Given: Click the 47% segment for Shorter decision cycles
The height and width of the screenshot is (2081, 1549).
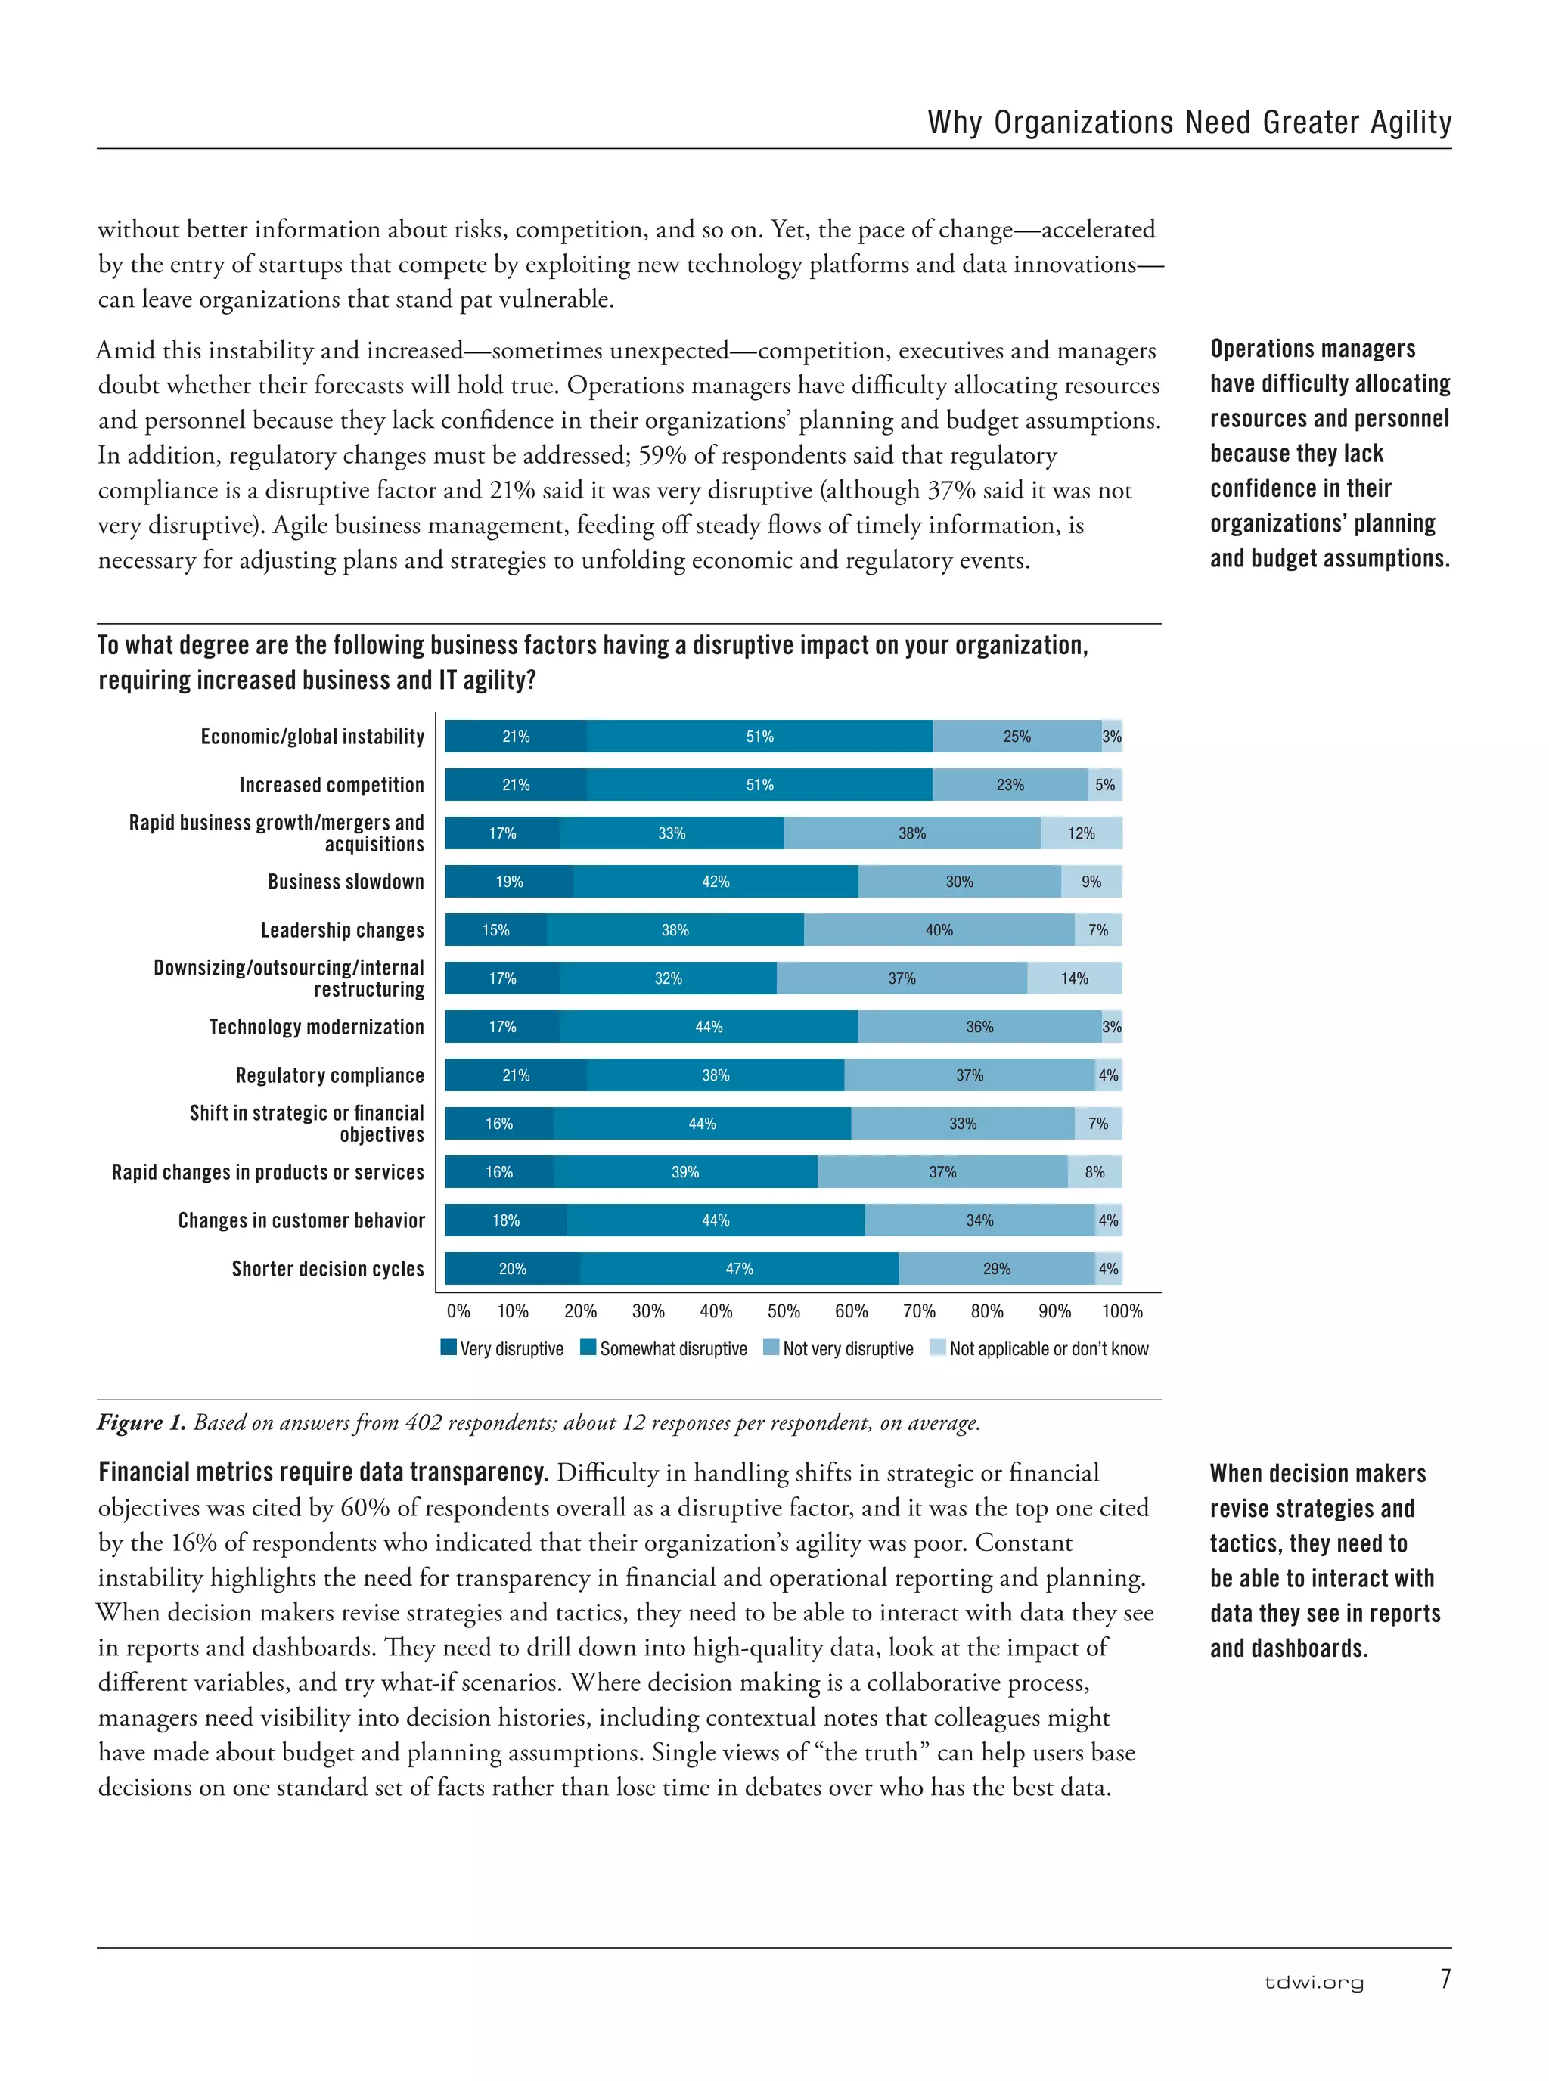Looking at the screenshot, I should pos(739,1268).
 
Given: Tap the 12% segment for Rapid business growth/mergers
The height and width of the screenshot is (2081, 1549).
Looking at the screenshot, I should pos(1080,833).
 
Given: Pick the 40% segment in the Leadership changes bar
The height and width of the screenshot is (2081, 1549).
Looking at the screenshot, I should pos(939,930).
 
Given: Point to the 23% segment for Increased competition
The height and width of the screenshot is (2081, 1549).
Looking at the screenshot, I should pos(1010,785).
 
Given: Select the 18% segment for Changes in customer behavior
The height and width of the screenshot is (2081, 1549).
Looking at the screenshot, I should pos(505,1220).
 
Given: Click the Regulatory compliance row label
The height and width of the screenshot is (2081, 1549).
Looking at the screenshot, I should pos(329,1075).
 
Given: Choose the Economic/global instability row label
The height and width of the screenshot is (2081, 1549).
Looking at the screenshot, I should pos(312,737).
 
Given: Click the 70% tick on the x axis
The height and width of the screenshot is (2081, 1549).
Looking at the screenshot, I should pos(919,1311).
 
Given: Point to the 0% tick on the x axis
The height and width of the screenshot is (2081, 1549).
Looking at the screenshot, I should pos(458,1311).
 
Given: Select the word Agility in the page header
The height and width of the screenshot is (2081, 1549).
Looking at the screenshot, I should pos(1411,123).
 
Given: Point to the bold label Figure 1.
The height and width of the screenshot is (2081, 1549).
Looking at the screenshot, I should pos(141,1422).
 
